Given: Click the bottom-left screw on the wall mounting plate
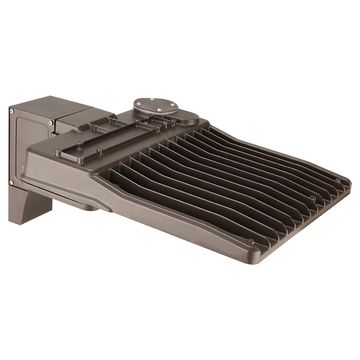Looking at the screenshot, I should pyautogui.click(x=11, y=182).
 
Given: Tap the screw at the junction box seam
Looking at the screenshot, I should pyautogui.click(x=50, y=123).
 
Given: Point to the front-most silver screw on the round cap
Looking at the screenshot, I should pyautogui.click(x=160, y=110).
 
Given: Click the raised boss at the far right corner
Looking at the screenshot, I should pyautogui.click(x=338, y=180).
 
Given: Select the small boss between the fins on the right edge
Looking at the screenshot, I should pyautogui.click(x=313, y=198).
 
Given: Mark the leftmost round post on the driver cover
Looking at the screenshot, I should pyautogui.click(x=58, y=153).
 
